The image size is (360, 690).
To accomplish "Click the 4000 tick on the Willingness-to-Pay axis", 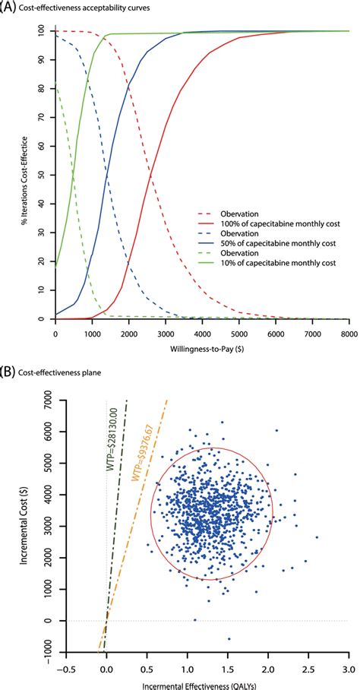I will (201, 334).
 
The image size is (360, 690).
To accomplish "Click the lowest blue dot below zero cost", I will (229, 638).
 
